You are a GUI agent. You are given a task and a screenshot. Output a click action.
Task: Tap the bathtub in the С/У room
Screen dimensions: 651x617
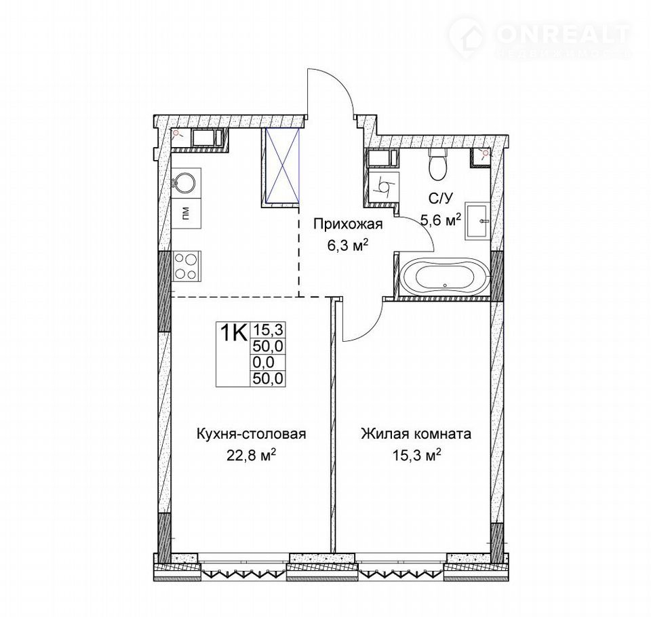pyautogui.click(x=444, y=277)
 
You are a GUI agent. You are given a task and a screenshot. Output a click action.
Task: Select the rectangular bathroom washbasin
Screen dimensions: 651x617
pyautogui.click(x=478, y=220)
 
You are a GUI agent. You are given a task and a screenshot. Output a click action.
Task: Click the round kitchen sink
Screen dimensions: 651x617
pyautogui.click(x=183, y=182)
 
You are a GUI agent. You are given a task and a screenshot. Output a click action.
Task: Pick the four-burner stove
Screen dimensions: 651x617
pyautogui.click(x=186, y=266)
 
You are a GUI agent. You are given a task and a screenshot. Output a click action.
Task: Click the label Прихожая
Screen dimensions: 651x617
pyautogui.click(x=347, y=224)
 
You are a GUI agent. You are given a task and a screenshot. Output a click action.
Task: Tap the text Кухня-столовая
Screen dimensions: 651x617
pyautogui.click(x=251, y=435)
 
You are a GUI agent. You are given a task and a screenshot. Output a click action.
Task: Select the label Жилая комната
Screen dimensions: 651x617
pyautogui.click(x=416, y=435)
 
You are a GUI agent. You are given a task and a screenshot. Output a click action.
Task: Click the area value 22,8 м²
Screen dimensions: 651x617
pyautogui.click(x=252, y=456)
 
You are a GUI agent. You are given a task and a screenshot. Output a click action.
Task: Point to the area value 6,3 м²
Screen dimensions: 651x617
pyautogui.click(x=348, y=246)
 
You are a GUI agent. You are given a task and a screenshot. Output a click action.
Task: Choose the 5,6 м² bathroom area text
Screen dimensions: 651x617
pyautogui.click(x=441, y=219)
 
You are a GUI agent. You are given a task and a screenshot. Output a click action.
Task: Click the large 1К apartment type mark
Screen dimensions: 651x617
pyautogui.click(x=233, y=332)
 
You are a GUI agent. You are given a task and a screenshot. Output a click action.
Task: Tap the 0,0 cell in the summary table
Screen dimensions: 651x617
pyautogui.click(x=263, y=363)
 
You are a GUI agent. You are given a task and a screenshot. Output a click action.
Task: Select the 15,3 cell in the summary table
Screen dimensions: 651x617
pyautogui.click(x=268, y=330)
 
